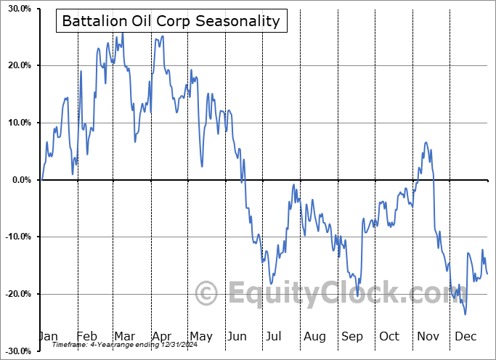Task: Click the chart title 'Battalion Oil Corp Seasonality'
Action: (x=171, y=21)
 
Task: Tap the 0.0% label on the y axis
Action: (x=20, y=180)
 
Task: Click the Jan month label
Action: (x=49, y=336)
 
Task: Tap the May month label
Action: (x=201, y=336)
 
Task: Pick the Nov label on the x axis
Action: (x=427, y=336)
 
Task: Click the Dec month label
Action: (x=465, y=336)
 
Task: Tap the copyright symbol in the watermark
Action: (x=207, y=294)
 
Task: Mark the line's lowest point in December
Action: (x=465, y=314)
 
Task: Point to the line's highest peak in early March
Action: (x=122, y=33)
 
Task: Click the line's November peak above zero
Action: (x=426, y=142)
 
